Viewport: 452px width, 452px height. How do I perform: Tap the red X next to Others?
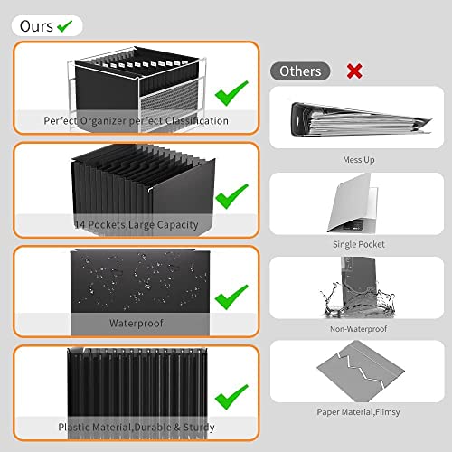(354, 70)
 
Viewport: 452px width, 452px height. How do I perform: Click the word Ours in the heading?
(36, 26)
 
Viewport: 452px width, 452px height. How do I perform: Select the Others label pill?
(299, 71)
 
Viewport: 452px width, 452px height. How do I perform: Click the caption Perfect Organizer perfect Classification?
(136, 120)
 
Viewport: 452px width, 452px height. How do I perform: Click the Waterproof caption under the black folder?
(136, 322)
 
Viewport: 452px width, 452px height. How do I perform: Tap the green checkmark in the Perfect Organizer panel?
(232, 89)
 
